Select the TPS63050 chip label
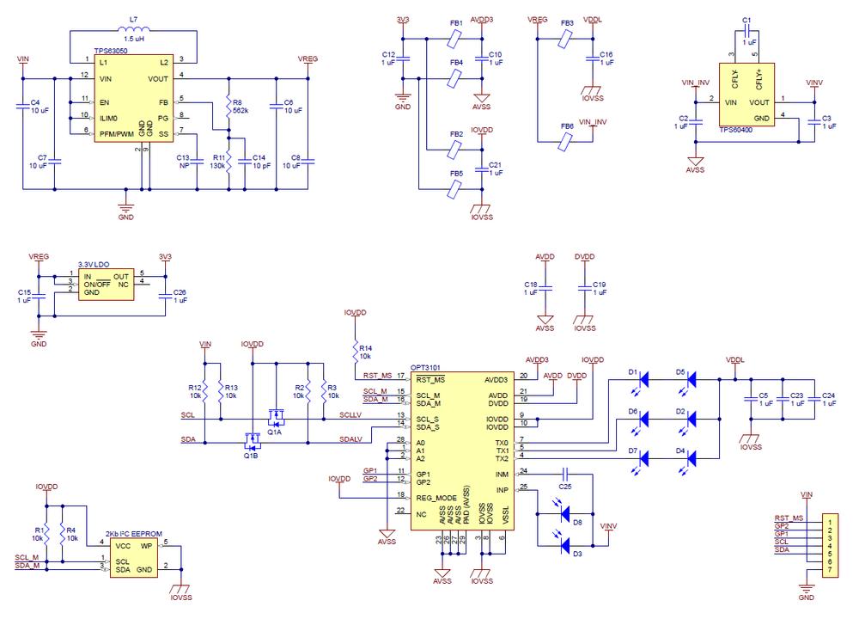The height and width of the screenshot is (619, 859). click(x=112, y=52)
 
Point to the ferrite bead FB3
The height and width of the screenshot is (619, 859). click(x=565, y=39)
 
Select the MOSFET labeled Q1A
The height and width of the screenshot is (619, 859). click(x=276, y=419)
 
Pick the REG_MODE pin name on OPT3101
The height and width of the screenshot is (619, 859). click(x=436, y=497)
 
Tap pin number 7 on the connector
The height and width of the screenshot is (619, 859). click(x=831, y=571)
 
